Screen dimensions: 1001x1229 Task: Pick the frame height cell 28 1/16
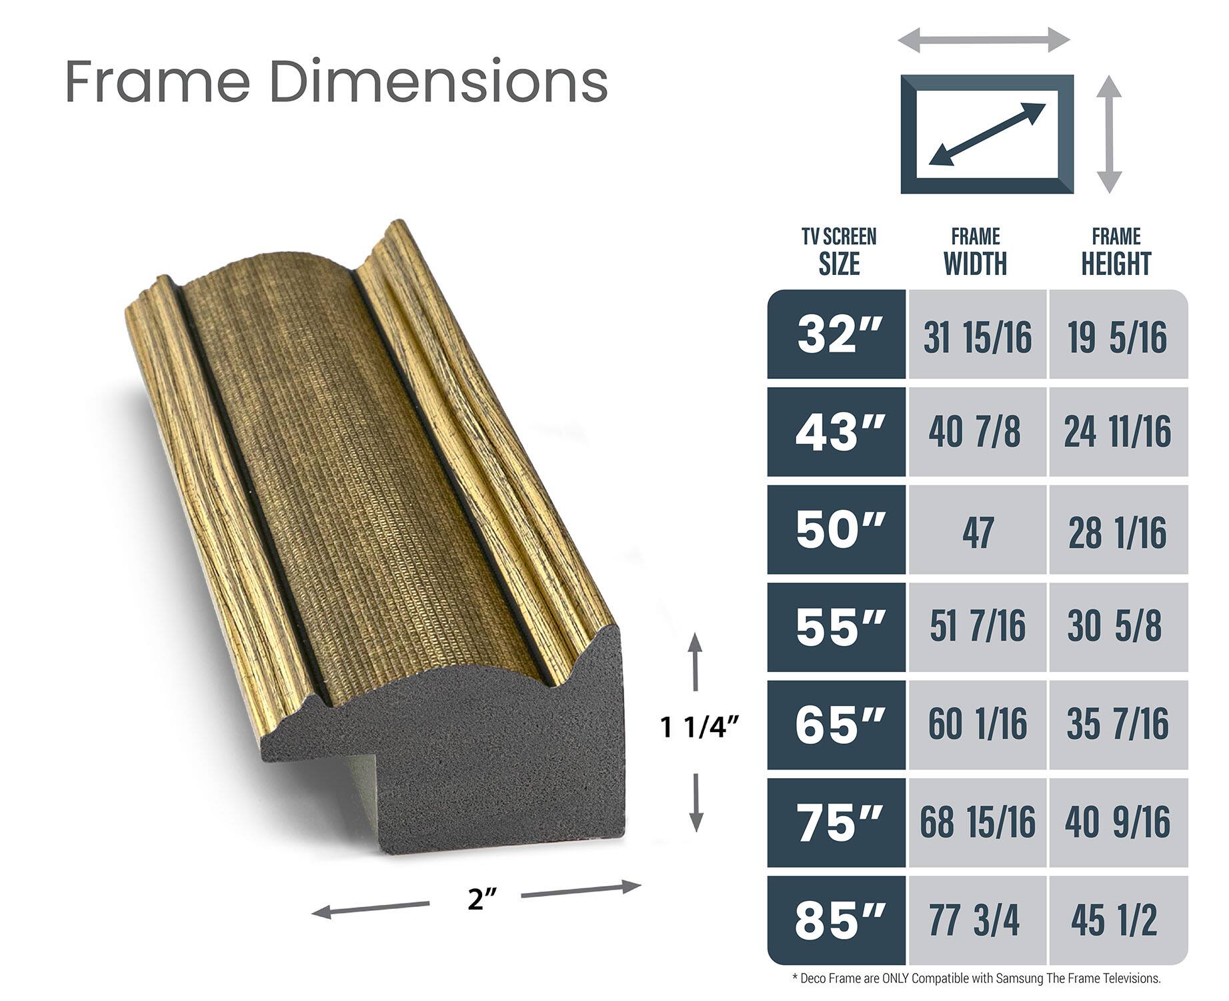(x=1117, y=532)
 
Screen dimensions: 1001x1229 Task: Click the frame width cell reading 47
(x=977, y=532)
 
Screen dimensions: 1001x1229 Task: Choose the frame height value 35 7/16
(x=1117, y=725)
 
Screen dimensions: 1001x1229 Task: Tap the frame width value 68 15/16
(x=977, y=822)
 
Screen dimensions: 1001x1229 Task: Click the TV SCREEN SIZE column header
(x=839, y=252)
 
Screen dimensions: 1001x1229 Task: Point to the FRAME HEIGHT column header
(x=1116, y=252)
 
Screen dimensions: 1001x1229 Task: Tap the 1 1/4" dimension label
(x=700, y=727)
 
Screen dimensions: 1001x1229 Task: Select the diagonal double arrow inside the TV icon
(x=987, y=135)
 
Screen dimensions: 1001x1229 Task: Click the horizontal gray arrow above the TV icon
(x=984, y=40)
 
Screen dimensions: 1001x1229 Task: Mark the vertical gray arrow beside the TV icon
(x=1109, y=134)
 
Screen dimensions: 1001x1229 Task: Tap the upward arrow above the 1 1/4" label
(x=696, y=661)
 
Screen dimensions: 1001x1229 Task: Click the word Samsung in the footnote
(x=1020, y=979)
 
